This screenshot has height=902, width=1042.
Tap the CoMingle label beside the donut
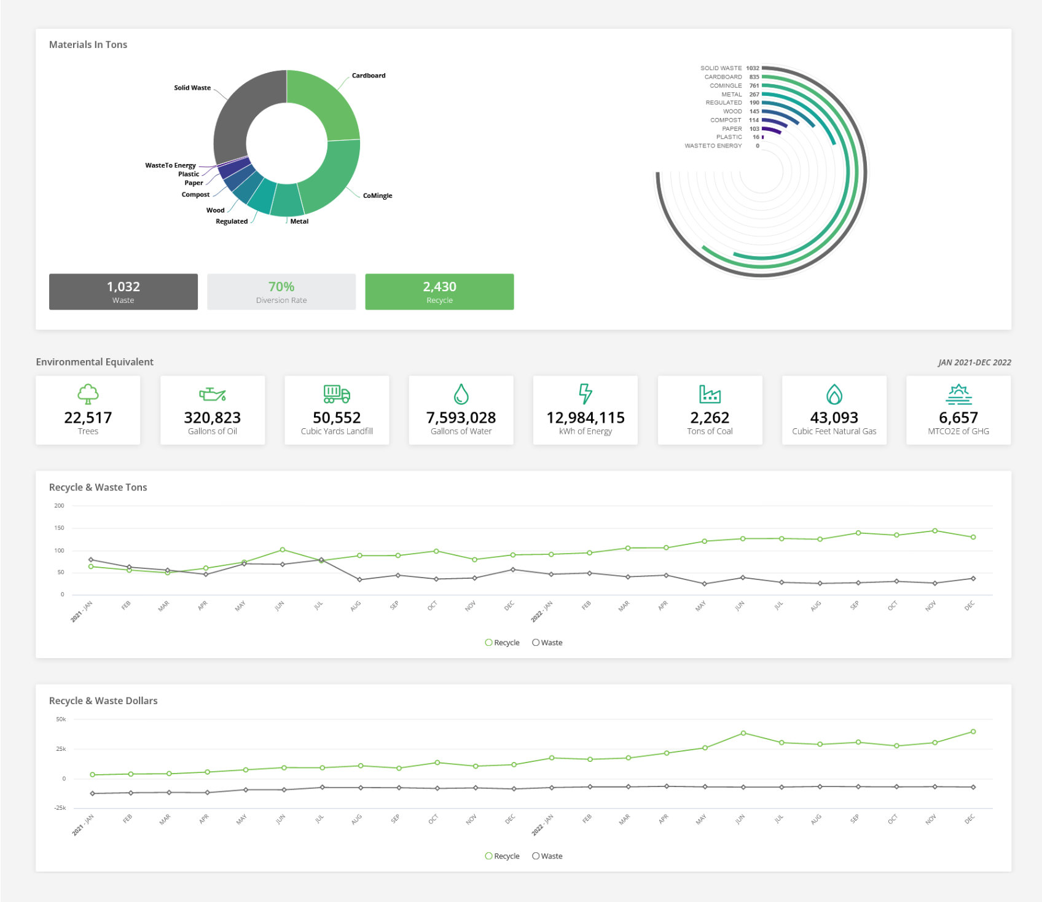(x=377, y=195)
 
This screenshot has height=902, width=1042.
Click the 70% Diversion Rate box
(x=281, y=292)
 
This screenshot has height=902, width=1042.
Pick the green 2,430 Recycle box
(x=439, y=292)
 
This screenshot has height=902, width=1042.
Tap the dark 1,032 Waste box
(x=123, y=292)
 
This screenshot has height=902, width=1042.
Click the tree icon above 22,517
(x=88, y=394)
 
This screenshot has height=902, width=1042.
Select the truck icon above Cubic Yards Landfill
(x=337, y=394)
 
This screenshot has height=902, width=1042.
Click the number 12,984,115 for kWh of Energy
(x=586, y=418)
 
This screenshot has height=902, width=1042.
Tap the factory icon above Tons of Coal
(x=710, y=394)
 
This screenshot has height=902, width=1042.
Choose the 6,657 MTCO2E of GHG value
(x=958, y=418)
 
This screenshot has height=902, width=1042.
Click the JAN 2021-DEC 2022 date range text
(x=974, y=363)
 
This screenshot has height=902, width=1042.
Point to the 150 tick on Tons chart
(x=59, y=528)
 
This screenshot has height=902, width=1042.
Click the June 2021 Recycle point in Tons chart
(x=283, y=549)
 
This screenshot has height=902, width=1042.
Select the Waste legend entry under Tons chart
(x=547, y=643)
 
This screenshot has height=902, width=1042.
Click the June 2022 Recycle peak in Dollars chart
(x=743, y=733)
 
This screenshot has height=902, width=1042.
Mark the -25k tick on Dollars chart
(x=60, y=808)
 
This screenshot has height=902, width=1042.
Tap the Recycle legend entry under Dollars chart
(x=503, y=856)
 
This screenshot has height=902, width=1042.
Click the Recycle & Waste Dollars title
(x=103, y=700)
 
